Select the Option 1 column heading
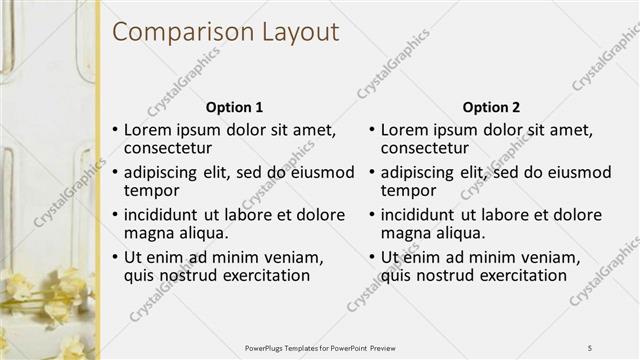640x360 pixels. (235, 107)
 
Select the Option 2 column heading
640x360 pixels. (492, 107)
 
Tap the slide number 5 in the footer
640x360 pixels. (590, 347)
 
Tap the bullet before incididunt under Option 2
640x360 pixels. (372, 215)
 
